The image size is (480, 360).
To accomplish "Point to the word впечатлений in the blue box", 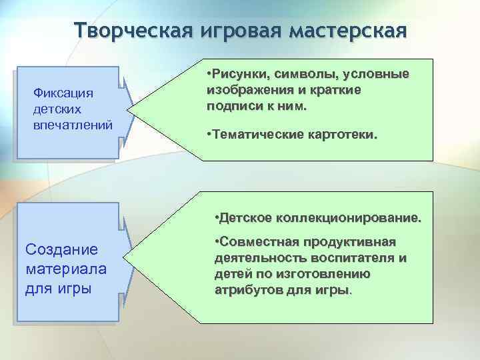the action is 73,125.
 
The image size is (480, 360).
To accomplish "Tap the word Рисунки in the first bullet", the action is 238,73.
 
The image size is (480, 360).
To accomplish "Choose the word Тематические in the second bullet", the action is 255,135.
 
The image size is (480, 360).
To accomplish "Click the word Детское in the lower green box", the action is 244,218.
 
